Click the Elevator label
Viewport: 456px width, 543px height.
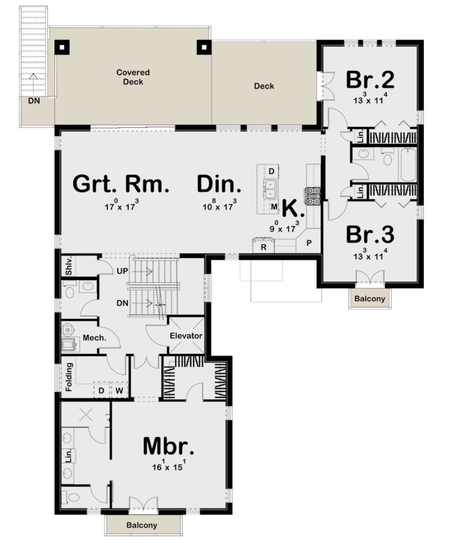point(186,336)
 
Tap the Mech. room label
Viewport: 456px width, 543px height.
point(94,338)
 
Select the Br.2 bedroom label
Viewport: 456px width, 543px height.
point(370,80)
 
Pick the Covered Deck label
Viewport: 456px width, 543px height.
point(133,77)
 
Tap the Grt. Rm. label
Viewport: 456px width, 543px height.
point(121,184)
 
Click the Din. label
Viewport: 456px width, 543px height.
point(219,184)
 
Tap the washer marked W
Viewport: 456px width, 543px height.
point(119,390)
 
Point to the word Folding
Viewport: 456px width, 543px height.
point(69,377)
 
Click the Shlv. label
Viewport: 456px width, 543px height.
point(68,266)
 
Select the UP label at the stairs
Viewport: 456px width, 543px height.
point(122,271)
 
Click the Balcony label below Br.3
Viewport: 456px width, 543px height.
point(369,299)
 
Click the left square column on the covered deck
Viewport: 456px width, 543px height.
point(62,47)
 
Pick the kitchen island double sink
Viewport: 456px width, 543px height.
point(270,189)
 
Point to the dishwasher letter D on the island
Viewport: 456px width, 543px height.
point(271,171)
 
